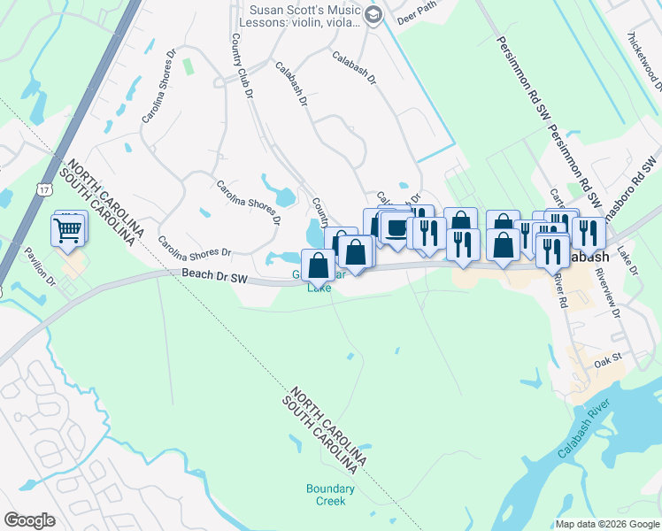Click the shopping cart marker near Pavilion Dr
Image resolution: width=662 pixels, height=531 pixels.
69,230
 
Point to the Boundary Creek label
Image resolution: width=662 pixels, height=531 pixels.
330,494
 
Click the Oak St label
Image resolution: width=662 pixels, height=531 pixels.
609,360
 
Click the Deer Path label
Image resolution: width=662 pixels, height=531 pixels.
419,18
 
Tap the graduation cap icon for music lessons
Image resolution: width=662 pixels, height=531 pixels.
373,13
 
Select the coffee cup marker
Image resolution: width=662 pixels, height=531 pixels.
396,229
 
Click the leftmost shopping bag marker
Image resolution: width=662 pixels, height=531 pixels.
319,265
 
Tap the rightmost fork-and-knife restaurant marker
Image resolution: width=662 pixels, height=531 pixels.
587,232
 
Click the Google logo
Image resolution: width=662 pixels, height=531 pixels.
29,520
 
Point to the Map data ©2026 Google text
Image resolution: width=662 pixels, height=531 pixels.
607,524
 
